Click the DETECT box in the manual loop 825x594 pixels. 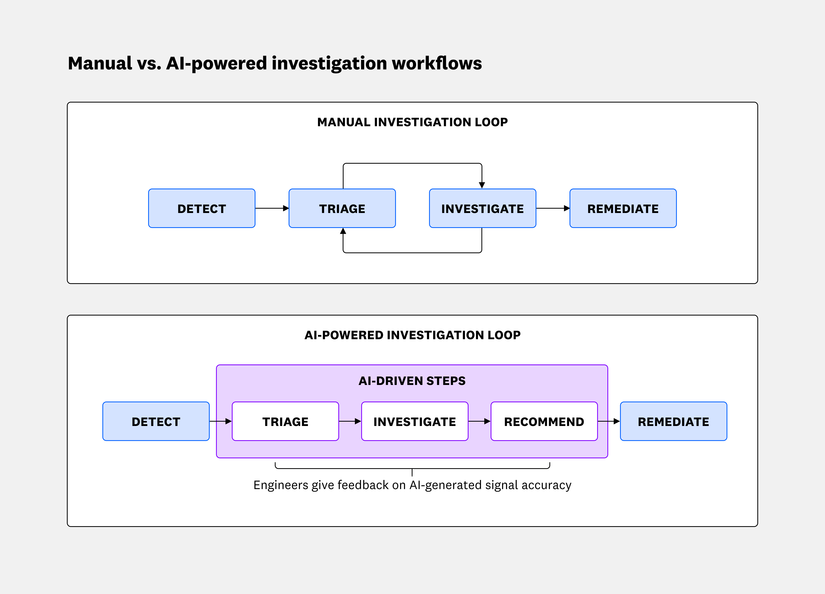pos(202,208)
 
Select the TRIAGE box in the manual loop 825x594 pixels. pos(342,208)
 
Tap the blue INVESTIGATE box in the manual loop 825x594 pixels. pos(482,208)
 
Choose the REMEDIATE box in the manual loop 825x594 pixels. pos(623,208)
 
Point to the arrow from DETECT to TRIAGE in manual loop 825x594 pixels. pos(272,208)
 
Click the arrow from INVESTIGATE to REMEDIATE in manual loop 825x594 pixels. pos(553,208)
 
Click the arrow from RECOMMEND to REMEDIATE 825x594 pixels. pos(609,421)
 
